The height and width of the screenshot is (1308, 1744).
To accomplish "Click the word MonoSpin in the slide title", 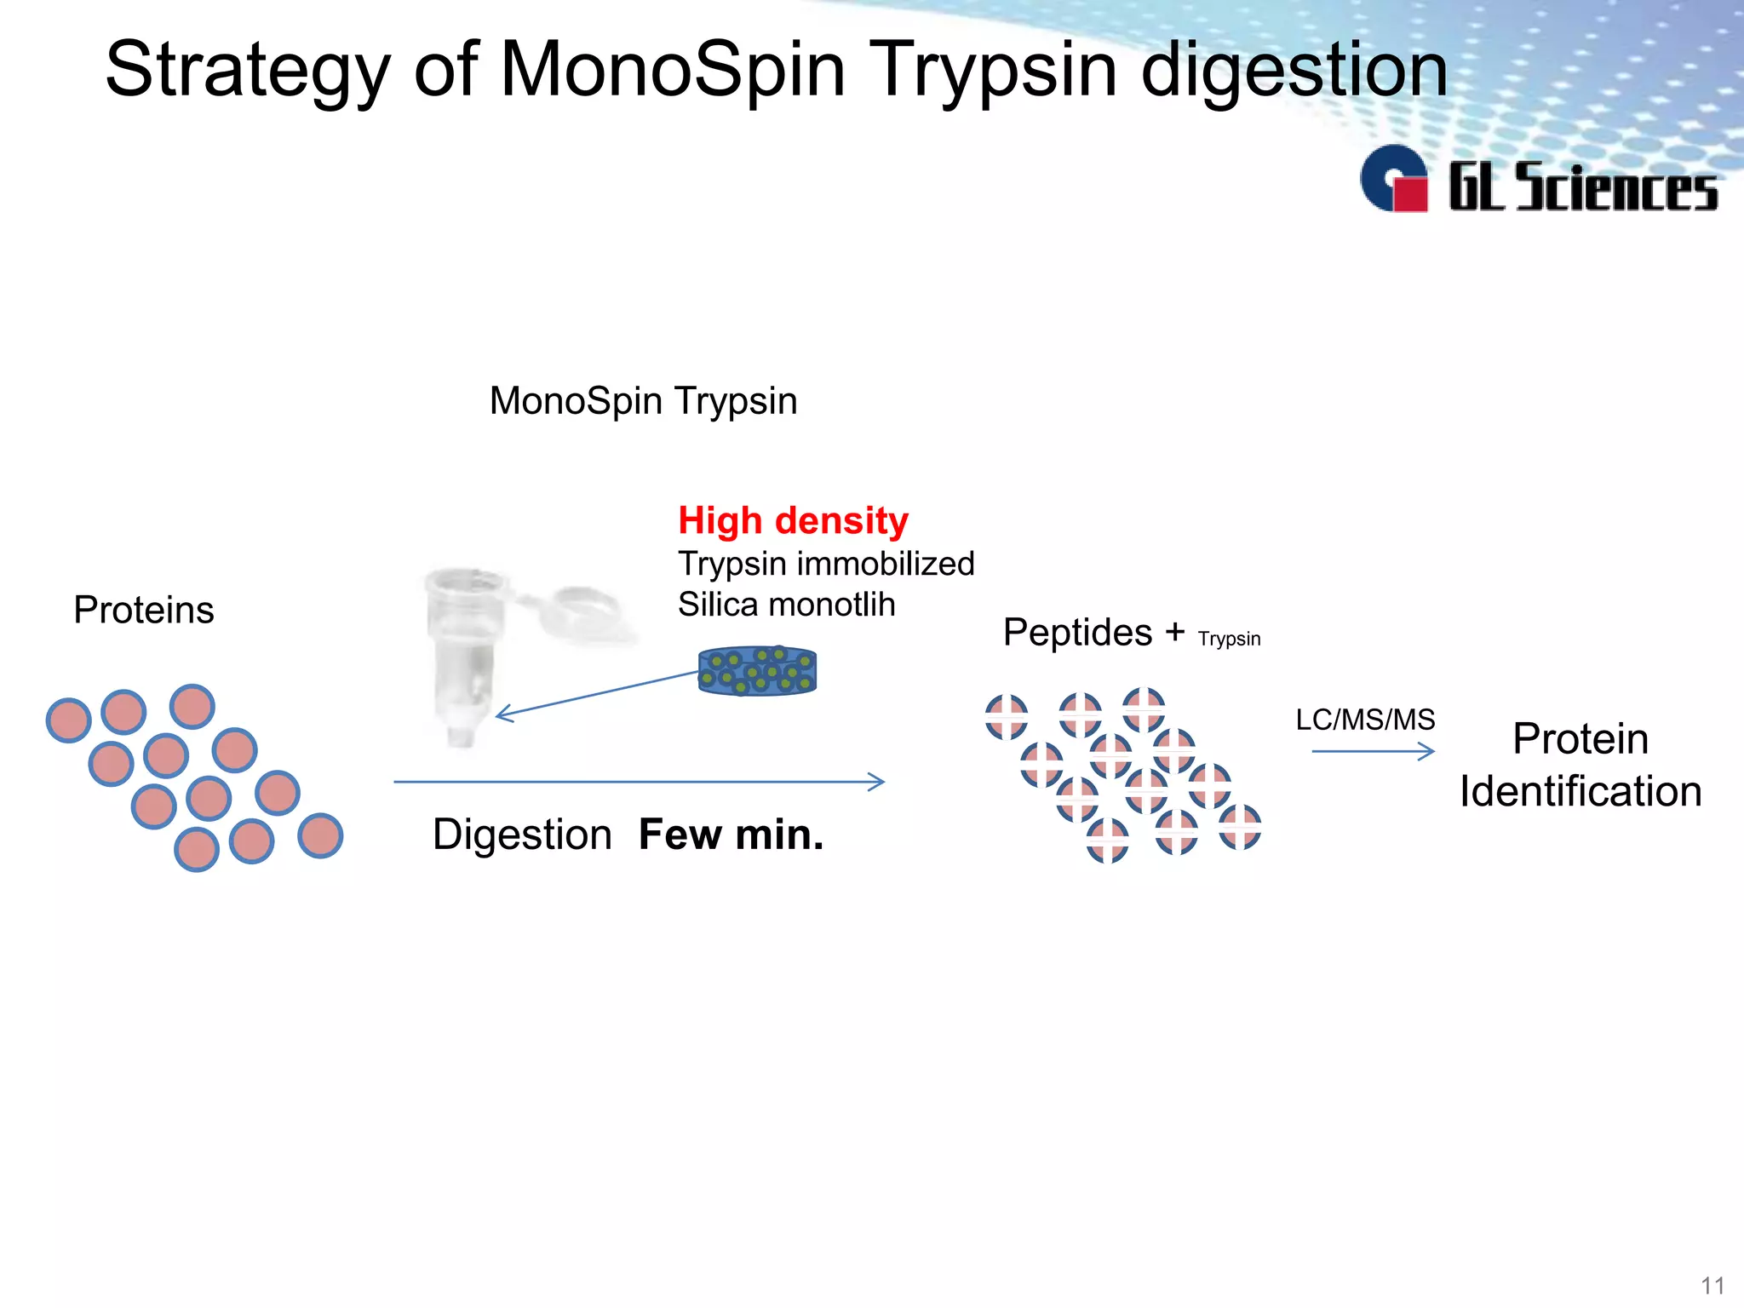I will (x=673, y=70).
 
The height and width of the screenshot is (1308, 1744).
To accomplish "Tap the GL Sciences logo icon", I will (x=1394, y=180).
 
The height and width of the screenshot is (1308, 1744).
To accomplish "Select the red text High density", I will (x=793, y=520).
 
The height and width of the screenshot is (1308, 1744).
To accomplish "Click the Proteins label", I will (x=143, y=610).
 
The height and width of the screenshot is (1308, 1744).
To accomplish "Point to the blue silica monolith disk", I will (x=757, y=671).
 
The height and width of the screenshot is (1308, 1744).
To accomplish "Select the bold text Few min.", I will (x=731, y=835).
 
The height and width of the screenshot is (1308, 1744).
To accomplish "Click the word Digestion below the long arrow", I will (x=522, y=835).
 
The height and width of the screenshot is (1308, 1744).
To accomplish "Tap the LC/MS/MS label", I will (x=1365, y=720).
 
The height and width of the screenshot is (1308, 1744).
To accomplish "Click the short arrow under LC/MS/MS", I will (x=1373, y=751).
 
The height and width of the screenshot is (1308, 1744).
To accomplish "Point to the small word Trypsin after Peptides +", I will (x=1229, y=639).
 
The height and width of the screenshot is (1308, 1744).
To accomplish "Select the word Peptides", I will (x=1077, y=633).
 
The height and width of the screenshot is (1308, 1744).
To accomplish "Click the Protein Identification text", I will (x=1580, y=765).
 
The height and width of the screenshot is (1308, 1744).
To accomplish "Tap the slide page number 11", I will (x=1712, y=1285).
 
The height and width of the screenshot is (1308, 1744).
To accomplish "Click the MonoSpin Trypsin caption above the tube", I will (x=643, y=400).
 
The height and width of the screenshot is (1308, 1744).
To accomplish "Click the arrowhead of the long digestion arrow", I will (x=877, y=782).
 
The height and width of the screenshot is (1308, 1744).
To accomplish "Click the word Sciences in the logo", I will (x=1616, y=187).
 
